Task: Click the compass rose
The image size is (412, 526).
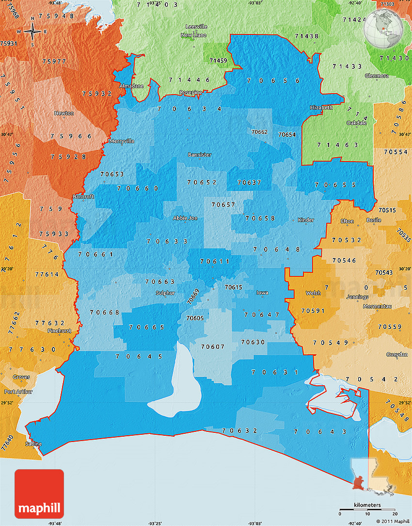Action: coord(32,33)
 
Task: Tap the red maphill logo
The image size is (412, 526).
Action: coord(39,493)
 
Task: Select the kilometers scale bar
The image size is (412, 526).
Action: coord(367,511)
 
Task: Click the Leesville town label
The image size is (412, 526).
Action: coord(196,27)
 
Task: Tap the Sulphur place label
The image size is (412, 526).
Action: coord(165,293)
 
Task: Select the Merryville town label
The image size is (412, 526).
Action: coord(122,141)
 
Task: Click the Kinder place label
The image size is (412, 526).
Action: coord(306,220)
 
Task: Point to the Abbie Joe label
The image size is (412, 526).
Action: coord(185,218)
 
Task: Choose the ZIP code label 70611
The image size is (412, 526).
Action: coord(215,262)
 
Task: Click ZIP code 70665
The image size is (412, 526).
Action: coord(147,327)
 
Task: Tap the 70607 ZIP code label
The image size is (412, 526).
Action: coord(213,346)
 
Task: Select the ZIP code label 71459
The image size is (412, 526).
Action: coord(218,61)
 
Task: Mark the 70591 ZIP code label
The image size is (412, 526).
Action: coord(313,310)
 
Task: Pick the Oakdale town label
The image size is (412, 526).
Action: coord(356,123)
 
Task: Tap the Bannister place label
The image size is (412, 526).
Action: coord(200,155)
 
